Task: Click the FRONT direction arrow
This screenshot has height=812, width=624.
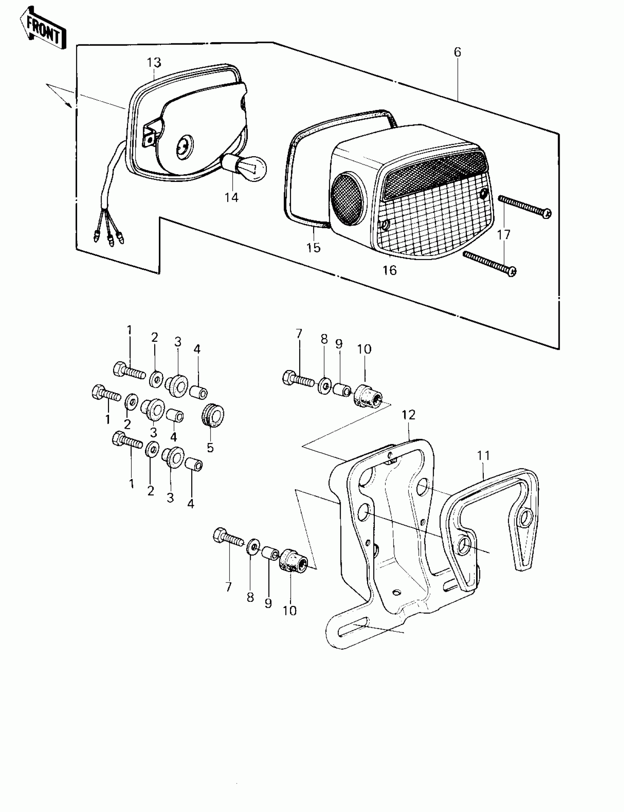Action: click(x=43, y=29)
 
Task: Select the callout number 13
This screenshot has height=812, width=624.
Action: click(x=153, y=63)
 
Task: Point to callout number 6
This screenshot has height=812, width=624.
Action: click(x=457, y=52)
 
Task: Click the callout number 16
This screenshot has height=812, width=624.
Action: click(x=389, y=270)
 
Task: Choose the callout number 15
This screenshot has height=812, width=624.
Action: click(x=313, y=248)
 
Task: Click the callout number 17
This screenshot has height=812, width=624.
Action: click(x=504, y=235)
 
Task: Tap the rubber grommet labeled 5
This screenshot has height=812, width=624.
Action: click(x=213, y=416)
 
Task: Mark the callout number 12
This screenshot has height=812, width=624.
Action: click(x=408, y=415)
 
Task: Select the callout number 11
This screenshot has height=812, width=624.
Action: click(x=484, y=456)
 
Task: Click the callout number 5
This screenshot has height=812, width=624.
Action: click(x=210, y=447)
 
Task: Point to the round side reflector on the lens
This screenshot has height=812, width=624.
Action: click(x=348, y=199)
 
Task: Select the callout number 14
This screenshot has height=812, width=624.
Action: click(x=231, y=197)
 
